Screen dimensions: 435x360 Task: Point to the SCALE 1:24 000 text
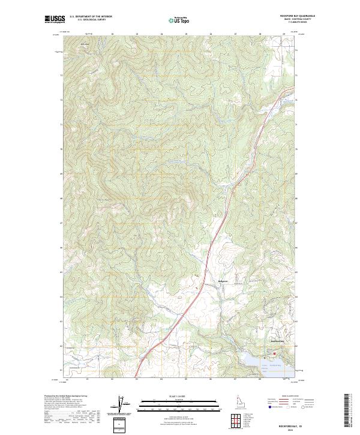[x=180, y=395]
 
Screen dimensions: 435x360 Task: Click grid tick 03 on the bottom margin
[x=137, y=379]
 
